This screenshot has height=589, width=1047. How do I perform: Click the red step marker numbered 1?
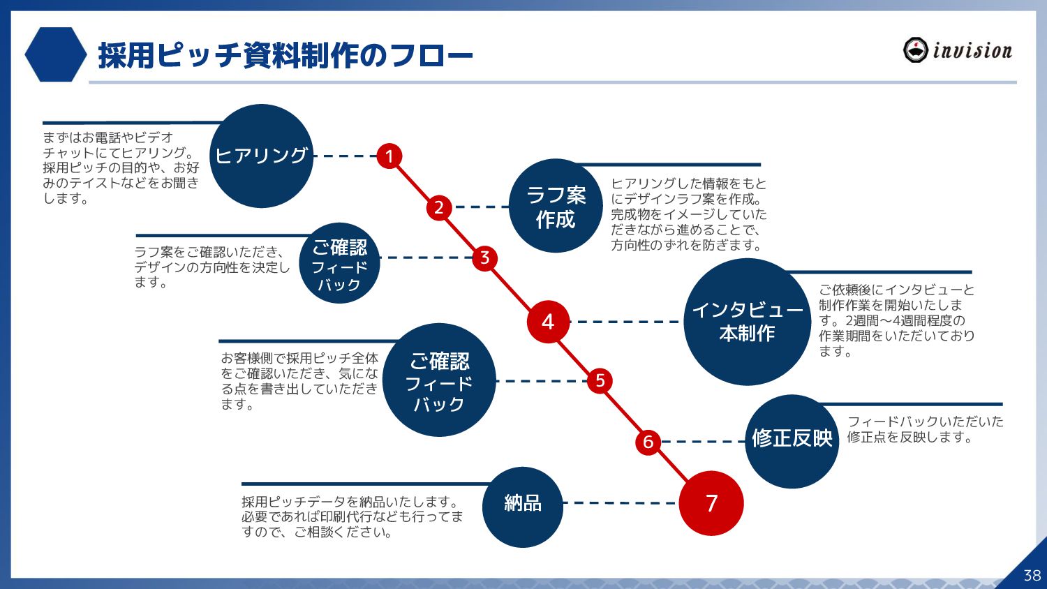(x=389, y=156)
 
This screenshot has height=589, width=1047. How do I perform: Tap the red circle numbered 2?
(x=439, y=207)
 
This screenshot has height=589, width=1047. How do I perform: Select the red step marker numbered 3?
(x=484, y=258)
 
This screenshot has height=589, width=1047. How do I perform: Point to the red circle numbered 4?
(x=548, y=322)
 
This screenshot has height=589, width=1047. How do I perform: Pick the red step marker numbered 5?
(x=600, y=381)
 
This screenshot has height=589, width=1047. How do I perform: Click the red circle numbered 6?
(x=648, y=442)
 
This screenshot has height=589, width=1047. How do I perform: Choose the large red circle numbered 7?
(x=711, y=503)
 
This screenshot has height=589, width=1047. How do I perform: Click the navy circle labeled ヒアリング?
(x=262, y=156)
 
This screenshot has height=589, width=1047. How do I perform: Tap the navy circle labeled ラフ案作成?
(x=556, y=207)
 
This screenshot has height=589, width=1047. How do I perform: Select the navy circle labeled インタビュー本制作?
(x=747, y=322)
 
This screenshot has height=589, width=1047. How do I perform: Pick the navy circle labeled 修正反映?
(x=792, y=440)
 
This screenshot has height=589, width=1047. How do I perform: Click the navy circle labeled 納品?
(x=523, y=506)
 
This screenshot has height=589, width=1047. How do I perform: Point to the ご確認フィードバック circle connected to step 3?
(x=339, y=264)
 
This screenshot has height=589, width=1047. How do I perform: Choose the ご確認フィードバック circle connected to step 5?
(x=439, y=380)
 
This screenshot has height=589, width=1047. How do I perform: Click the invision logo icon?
(x=915, y=50)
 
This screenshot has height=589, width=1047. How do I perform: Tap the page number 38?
(x=1032, y=575)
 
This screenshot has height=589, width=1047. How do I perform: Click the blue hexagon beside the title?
(x=55, y=54)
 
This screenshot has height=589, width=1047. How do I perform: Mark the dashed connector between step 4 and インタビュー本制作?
(x=625, y=322)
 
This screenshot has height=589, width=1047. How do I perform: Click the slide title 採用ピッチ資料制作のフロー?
(x=285, y=56)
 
